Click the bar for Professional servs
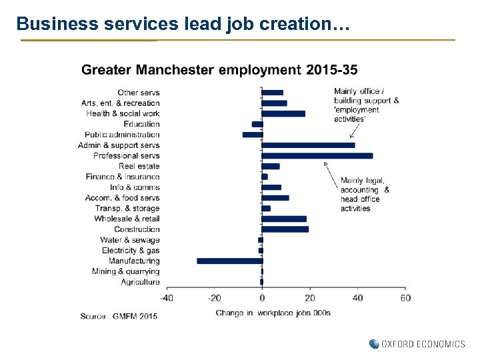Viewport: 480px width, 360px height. [317, 155]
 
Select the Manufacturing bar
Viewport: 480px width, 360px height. [229, 261]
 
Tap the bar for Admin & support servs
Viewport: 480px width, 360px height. [308, 145]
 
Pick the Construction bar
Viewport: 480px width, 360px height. [285, 229]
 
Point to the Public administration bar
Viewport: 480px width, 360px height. [253, 135]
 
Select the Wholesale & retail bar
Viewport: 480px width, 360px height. [284, 219]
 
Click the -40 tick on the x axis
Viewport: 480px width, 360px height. [166, 297]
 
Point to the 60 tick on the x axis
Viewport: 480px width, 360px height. [405, 297]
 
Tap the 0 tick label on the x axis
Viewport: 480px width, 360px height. [262, 297]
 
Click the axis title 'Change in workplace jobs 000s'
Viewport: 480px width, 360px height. [273, 313]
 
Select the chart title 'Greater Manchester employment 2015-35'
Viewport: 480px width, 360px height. [219, 70]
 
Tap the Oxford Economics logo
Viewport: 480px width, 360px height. [417, 344]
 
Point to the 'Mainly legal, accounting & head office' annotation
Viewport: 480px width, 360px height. [365, 194]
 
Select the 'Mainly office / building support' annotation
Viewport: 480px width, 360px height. [366, 105]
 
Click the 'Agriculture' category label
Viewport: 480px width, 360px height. [140, 282]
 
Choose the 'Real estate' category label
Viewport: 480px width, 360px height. [139, 166]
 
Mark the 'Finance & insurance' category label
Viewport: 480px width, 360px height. [123, 177]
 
